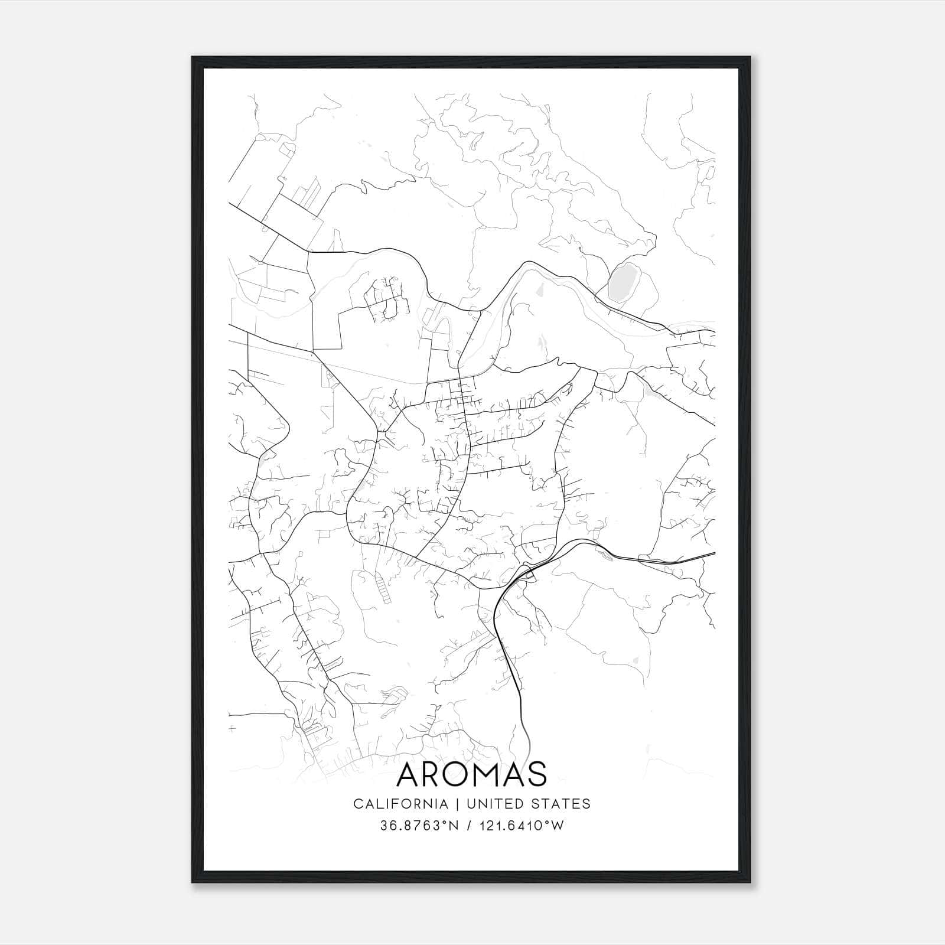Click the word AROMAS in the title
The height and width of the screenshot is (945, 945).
click(472, 774)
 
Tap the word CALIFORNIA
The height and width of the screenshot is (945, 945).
click(400, 804)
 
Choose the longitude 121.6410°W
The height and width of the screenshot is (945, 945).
click(522, 826)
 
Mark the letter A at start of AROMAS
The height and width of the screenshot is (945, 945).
click(409, 774)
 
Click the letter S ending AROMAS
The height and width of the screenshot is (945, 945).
click(537, 774)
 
